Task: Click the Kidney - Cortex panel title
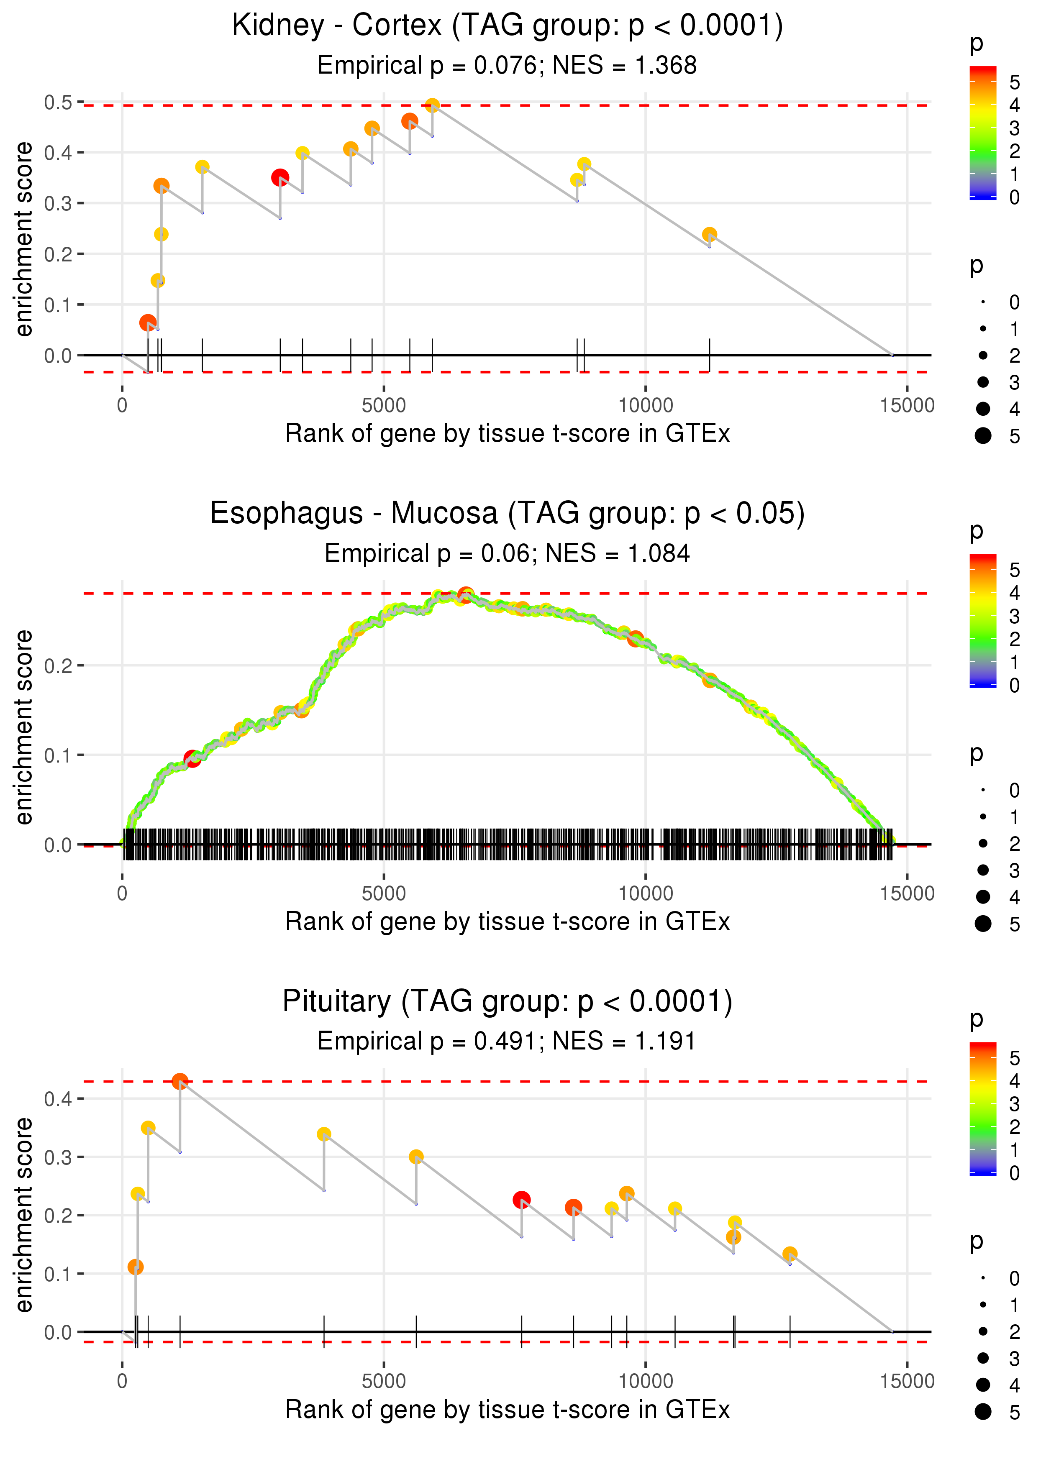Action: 507,26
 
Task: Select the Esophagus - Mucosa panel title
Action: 507,514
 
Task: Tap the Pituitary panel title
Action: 507,1002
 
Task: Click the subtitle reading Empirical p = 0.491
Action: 507,1041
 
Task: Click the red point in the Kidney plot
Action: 279,178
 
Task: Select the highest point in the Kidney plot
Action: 433,105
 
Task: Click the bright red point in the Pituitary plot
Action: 522,1200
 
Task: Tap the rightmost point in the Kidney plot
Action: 709,234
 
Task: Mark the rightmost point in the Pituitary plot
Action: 790,1254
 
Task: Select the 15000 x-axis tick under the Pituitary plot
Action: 907,1381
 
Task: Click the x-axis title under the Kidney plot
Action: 507,434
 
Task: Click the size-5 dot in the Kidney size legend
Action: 983,436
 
